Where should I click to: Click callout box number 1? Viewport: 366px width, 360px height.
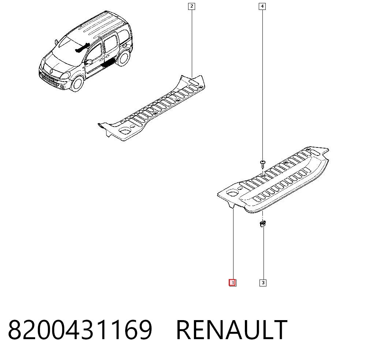point(232,282)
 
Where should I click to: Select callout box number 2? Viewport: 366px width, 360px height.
point(192,6)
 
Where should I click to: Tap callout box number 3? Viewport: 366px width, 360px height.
point(263,283)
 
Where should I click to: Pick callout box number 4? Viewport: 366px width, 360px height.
point(262,6)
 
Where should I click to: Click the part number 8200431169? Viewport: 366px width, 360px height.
point(80,329)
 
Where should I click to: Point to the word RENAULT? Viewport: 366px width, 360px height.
point(232,329)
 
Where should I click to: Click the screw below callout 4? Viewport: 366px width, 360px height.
point(262,164)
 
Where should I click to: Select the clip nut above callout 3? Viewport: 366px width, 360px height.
point(262,224)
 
